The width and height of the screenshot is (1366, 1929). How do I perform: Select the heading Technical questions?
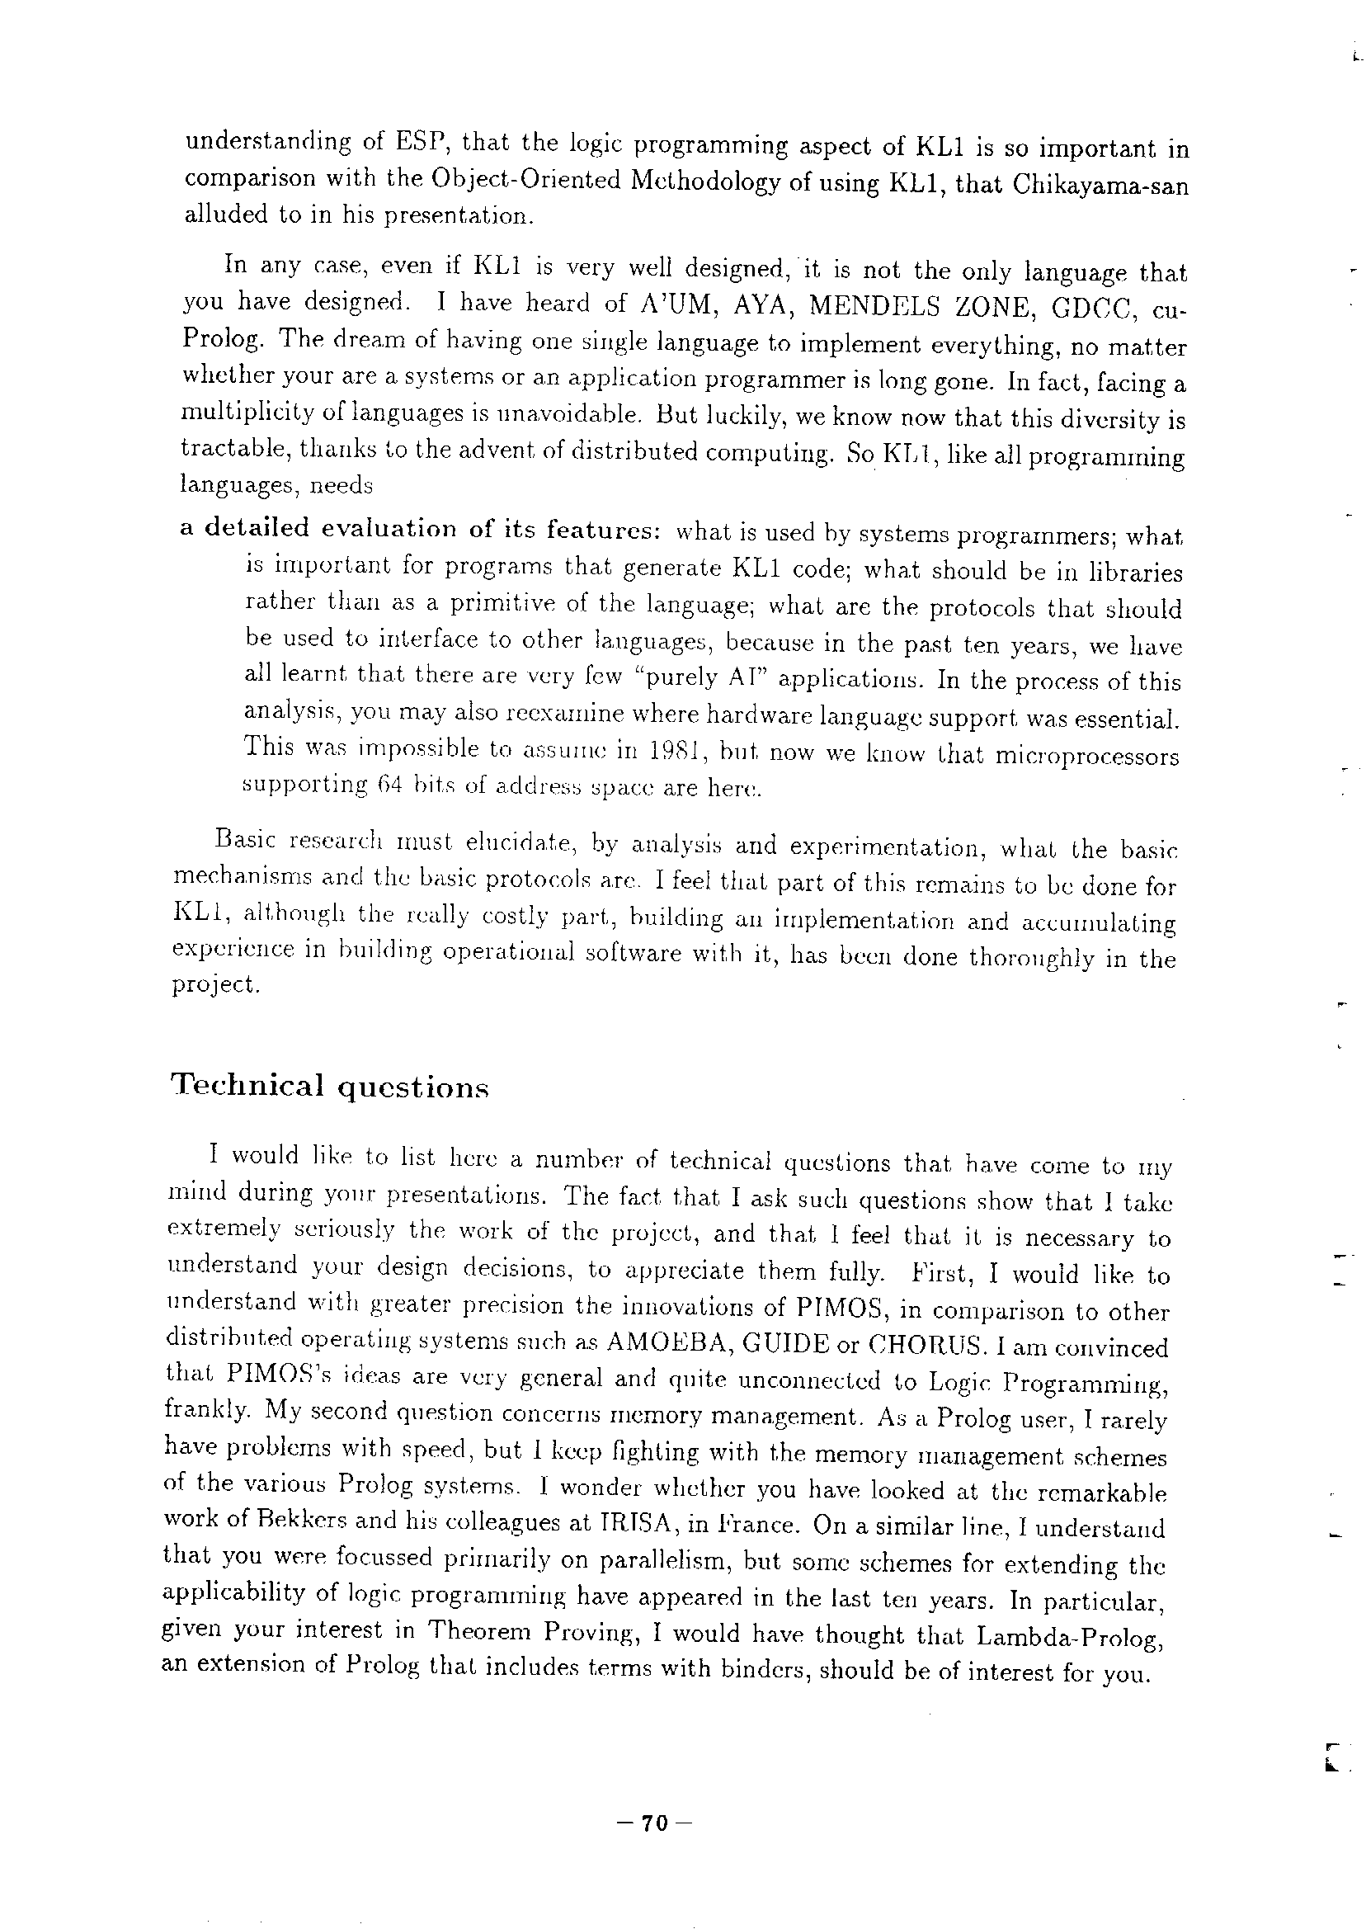coord(329,1086)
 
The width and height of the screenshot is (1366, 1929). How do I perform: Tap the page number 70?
coord(653,1823)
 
